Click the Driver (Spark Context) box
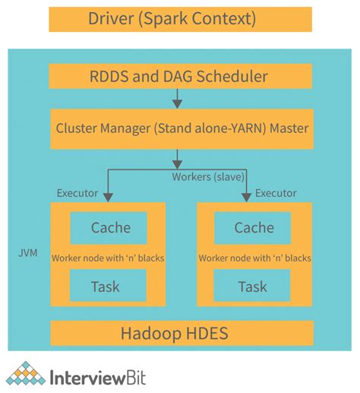tap(180, 19)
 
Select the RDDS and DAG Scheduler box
tap(180, 76)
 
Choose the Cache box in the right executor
tap(254, 227)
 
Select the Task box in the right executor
tap(254, 286)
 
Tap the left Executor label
tap(77, 193)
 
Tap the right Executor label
tap(276, 193)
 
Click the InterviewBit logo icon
tap(26, 375)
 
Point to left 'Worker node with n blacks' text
tap(108, 258)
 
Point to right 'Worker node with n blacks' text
tap(254, 258)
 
